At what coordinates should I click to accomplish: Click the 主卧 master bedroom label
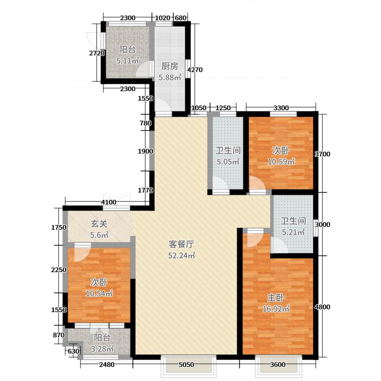tap(275, 298)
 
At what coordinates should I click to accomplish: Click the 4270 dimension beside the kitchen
tap(195, 70)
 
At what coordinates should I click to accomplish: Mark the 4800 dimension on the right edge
tap(323, 307)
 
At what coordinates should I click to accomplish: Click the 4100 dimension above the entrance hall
tap(110, 202)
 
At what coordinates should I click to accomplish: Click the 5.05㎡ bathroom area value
tap(227, 161)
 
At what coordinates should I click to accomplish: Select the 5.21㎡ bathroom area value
tap(291, 232)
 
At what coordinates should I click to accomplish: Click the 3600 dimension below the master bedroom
tap(278, 365)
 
